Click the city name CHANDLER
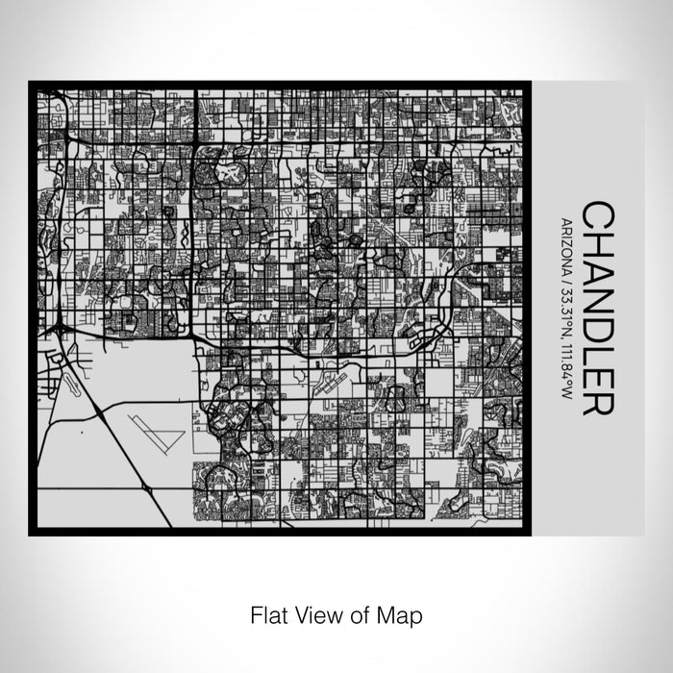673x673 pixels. (594, 308)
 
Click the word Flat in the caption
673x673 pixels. (268, 613)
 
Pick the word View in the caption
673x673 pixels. (315, 613)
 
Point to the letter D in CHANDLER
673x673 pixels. (594, 323)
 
